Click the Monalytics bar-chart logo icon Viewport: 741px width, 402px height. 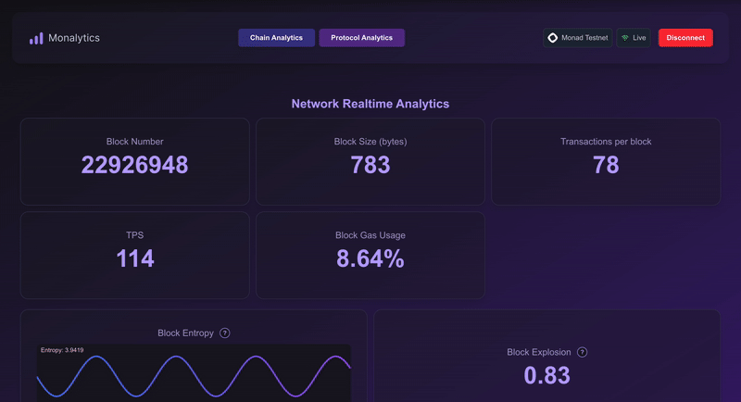click(36, 38)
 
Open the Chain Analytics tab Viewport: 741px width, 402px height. click(276, 38)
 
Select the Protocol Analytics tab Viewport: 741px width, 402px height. click(361, 38)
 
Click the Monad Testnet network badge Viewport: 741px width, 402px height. click(577, 38)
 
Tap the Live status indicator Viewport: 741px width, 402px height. click(634, 38)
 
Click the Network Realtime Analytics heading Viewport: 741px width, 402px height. click(370, 104)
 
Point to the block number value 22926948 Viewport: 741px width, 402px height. click(134, 166)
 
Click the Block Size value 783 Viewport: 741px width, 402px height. click(370, 166)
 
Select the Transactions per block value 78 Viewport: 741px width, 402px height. click(606, 166)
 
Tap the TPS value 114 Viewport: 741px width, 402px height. click(135, 259)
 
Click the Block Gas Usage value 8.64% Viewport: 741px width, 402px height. click(370, 259)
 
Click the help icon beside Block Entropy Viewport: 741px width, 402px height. click(225, 333)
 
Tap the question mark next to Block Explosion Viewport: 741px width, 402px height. click(582, 352)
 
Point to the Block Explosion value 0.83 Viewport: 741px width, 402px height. click(546, 375)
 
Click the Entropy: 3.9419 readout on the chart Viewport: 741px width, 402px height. click(62, 350)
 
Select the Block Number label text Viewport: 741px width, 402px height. click(134, 142)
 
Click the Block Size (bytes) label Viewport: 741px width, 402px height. click(370, 142)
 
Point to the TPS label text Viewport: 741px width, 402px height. click(135, 235)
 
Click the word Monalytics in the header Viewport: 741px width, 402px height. click(74, 38)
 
